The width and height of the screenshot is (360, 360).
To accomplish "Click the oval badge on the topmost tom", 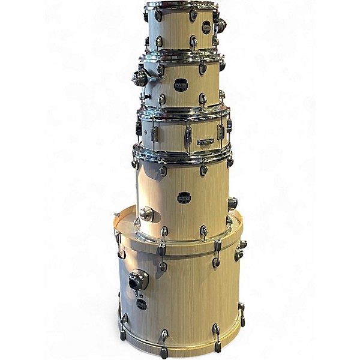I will (206, 27).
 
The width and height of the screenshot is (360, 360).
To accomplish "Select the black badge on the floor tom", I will (184, 197).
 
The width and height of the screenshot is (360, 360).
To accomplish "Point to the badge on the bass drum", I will (141, 304).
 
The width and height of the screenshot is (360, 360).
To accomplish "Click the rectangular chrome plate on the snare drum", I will (205, 142).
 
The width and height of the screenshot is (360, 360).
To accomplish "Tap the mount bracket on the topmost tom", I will (220, 25).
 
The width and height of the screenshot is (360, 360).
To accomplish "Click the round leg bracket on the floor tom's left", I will (146, 214).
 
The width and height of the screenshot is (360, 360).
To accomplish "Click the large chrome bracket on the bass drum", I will (137, 280).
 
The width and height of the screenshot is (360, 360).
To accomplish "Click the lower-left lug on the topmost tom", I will (159, 42).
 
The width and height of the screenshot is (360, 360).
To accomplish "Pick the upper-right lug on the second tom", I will (203, 68).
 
